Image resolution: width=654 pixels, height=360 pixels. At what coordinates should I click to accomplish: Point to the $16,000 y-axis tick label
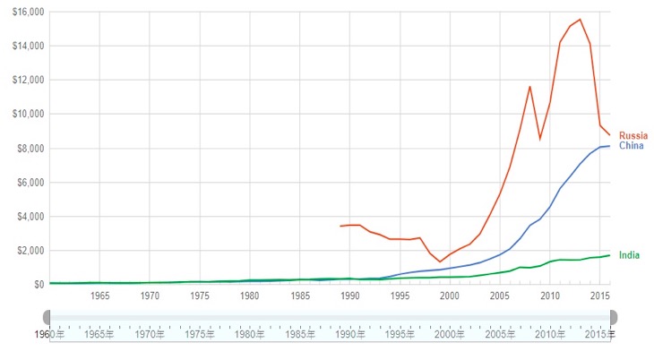[x=30, y=12]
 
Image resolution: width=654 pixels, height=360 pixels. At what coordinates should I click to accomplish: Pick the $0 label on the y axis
[x=39, y=285]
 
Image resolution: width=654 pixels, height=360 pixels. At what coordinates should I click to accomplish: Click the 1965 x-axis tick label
[x=99, y=296]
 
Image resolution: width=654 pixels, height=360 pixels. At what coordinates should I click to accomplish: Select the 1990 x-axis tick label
[x=349, y=296]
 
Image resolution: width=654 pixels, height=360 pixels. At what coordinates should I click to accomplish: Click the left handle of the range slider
[x=47, y=318]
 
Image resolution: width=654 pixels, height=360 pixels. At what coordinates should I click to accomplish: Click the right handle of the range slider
[x=614, y=318]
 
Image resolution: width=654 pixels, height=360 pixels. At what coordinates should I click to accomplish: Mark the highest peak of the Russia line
[x=580, y=20]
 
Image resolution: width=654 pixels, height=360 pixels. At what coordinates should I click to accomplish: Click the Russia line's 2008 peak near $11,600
[x=529, y=86]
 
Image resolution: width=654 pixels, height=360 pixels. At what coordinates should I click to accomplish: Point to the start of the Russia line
[x=340, y=226]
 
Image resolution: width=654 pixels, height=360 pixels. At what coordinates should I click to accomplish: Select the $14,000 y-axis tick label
[x=30, y=46]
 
